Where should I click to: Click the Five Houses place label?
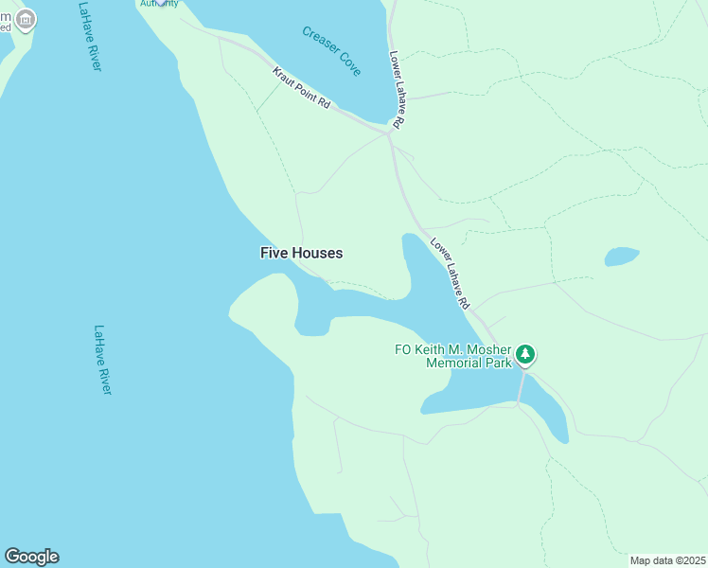(301, 253)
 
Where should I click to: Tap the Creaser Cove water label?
(331, 50)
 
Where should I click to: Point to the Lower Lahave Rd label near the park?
(450, 274)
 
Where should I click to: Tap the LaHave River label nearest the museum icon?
(91, 36)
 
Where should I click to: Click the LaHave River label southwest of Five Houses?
(102, 361)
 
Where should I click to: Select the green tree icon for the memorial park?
(525, 356)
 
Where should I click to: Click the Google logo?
(31, 557)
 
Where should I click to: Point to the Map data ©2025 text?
(667, 560)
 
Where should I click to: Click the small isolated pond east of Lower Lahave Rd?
(622, 257)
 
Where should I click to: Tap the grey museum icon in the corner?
(26, 19)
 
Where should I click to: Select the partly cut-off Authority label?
(158, 4)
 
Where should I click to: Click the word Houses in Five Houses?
(318, 253)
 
